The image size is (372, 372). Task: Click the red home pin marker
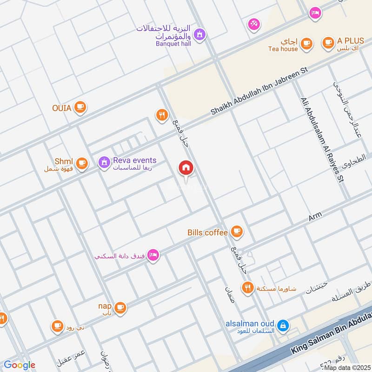coord(186,168)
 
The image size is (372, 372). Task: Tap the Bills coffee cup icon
coord(237,231)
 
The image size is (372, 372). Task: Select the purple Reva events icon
coord(104,162)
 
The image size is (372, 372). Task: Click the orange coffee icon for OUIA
coord(80,107)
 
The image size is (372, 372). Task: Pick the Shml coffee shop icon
coord(82,163)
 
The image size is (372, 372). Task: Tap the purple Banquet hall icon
coord(200,34)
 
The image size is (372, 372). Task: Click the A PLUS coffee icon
coord(328,42)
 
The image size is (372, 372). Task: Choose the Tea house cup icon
coord(306,43)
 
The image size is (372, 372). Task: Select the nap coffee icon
coord(120,307)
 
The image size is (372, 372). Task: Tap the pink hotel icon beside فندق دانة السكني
coord(153,255)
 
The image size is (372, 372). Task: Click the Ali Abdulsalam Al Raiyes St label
coord(322,139)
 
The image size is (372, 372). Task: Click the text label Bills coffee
coord(207,232)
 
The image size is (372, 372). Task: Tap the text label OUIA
coord(61,108)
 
